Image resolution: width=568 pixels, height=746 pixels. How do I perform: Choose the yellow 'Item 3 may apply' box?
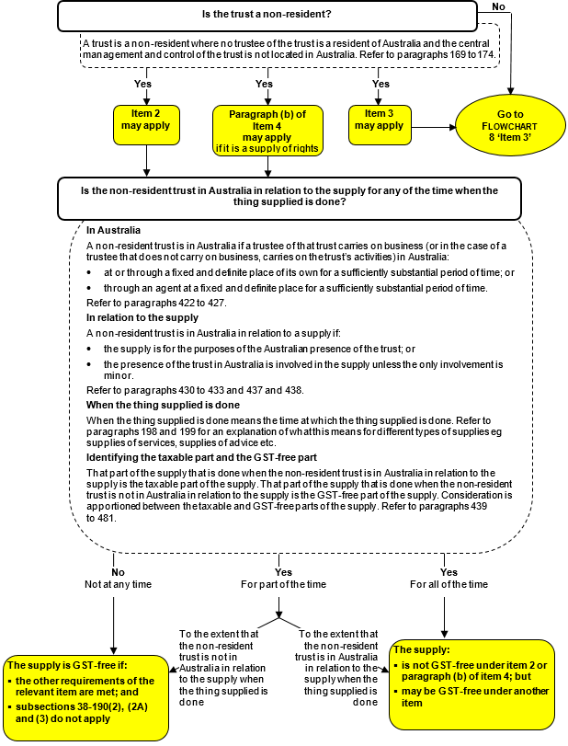(x=379, y=121)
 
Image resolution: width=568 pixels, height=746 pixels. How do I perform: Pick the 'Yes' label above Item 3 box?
(x=380, y=84)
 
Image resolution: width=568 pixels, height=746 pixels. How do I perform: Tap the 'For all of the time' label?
(x=449, y=584)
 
